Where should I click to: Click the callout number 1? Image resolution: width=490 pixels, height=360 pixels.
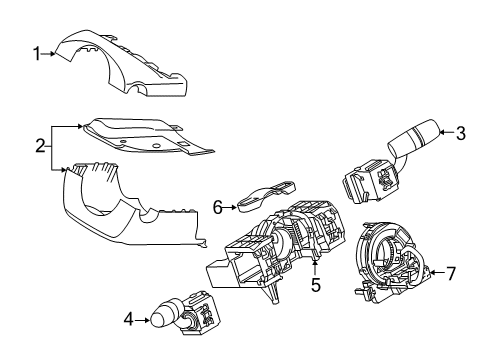pos(37,54)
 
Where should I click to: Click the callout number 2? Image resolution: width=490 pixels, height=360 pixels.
pos(39,146)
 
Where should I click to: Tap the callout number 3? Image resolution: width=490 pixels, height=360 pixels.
pos(462,132)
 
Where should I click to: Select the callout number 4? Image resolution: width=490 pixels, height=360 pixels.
pos(127,321)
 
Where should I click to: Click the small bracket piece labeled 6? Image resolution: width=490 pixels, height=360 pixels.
pos(265,192)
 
